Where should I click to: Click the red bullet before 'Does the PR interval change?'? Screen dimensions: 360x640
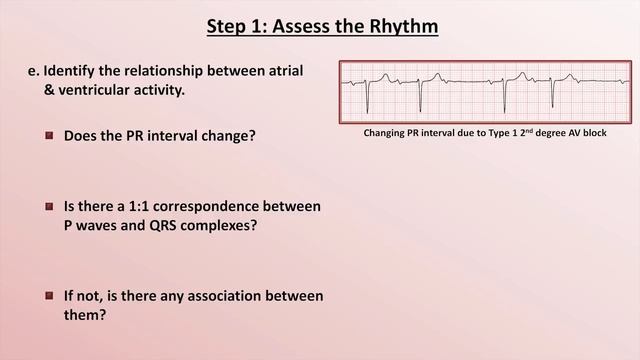[49, 134]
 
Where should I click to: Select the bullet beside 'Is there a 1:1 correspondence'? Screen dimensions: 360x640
[49, 206]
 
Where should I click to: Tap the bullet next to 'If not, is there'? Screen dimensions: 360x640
[49, 296]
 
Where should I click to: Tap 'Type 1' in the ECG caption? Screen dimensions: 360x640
[497, 133]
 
